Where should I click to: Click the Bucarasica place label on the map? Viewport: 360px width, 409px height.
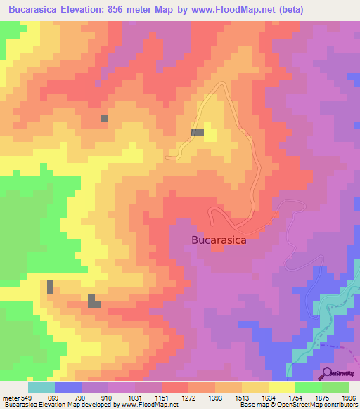click(x=219, y=240)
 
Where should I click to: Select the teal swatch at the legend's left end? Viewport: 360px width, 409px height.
click(x=41, y=387)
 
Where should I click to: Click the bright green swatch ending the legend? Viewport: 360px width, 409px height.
click(x=335, y=387)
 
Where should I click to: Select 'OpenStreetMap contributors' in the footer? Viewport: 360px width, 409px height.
click(x=319, y=405)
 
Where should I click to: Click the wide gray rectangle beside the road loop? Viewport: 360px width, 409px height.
click(x=197, y=132)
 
